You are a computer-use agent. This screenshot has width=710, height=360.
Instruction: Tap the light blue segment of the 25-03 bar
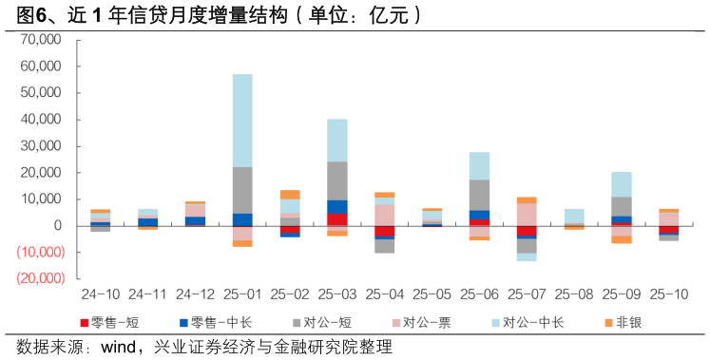click(337, 140)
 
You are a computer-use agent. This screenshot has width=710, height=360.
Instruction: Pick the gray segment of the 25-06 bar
click(479, 195)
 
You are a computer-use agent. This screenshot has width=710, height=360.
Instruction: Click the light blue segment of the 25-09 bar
click(622, 184)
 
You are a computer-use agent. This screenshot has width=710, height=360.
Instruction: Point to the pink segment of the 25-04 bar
click(385, 215)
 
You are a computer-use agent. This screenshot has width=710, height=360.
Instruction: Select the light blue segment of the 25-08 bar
click(574, 216)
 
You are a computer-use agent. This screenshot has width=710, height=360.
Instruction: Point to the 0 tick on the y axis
click(56, 226)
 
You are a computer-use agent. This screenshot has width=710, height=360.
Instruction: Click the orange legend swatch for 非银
click(609, 323)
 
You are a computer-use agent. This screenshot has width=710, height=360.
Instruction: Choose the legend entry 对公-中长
click(532, 323)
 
